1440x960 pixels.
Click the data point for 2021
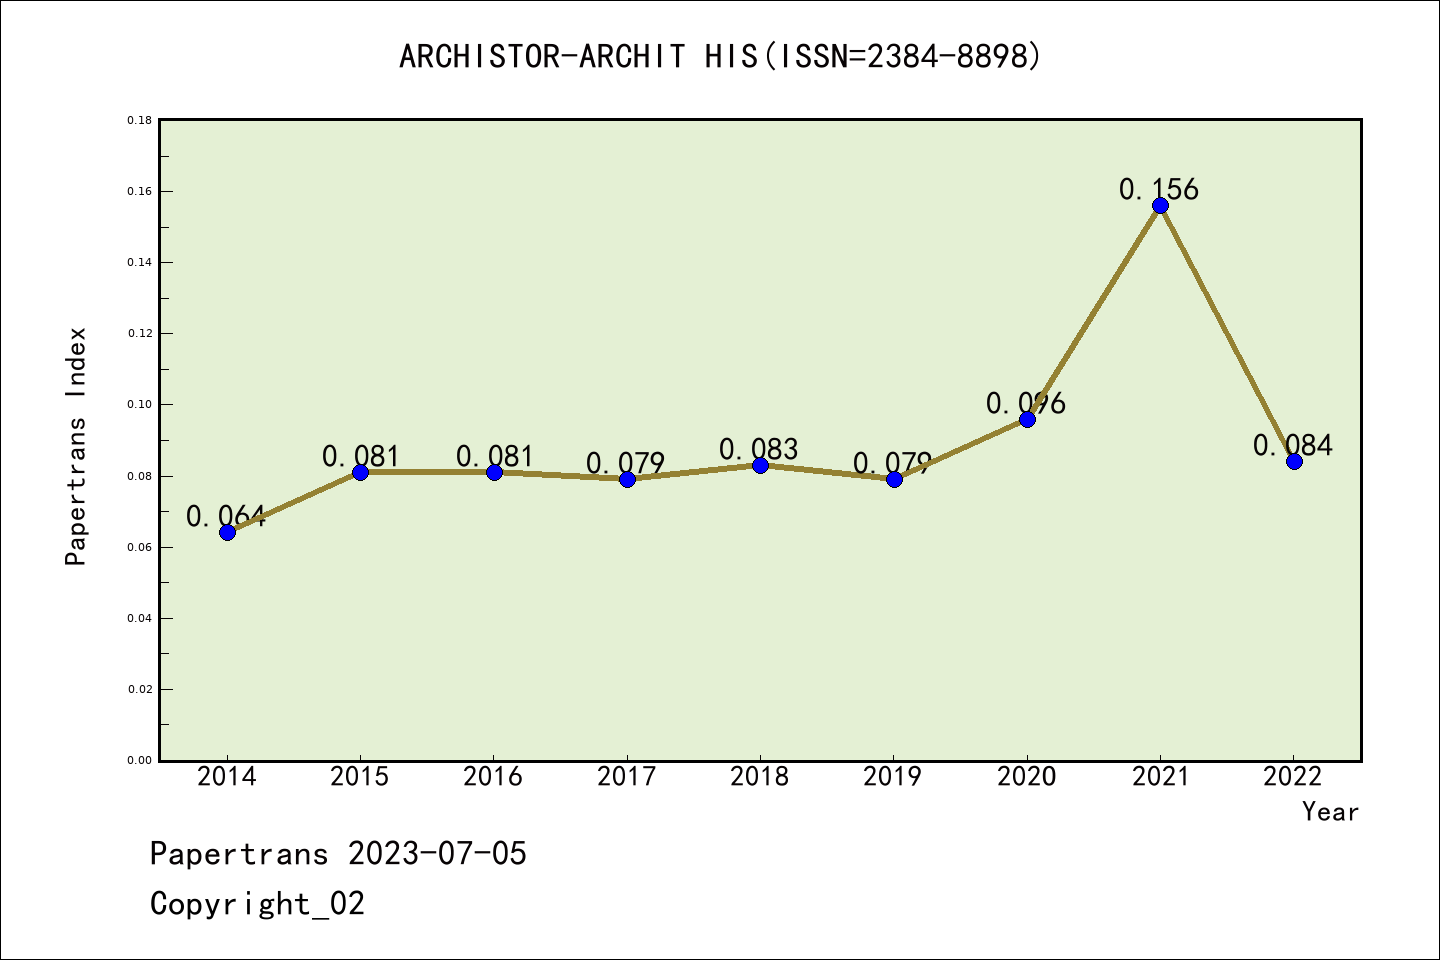pos(1160,206)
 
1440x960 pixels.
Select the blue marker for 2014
pos(227,532)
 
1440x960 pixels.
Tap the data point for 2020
pos(1027,419)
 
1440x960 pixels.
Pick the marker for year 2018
pos(760,465)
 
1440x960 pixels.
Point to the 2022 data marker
pos(1294,461)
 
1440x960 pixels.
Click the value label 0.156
pos(1158,189)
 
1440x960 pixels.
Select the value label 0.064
pos(226,517)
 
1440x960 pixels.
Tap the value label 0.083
pos(759,450)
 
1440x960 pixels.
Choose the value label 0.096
pos(1026,403)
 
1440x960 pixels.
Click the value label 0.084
pos(1293,445)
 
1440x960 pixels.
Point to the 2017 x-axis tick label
pos(627,777)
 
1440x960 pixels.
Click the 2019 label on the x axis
pos(893,777)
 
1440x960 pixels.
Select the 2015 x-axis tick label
pos(360,777)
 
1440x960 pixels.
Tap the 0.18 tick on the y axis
pos(139,121)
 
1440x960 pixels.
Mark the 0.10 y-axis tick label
pos(139,405)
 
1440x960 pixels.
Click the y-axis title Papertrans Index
pos(76,446)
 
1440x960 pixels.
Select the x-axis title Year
pos(1330,812)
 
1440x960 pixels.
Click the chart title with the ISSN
pos(720,56)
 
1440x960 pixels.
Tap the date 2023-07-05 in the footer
pos(437,854)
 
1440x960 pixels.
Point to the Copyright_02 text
pos(258,904)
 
